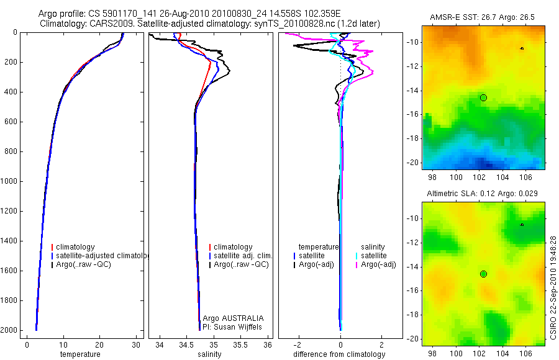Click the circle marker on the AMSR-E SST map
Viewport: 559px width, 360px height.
[483, 97]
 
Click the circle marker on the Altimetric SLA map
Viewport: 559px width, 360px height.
[483, 274]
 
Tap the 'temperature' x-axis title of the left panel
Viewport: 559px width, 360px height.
[80, 354]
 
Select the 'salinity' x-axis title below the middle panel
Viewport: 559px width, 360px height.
[210, 354]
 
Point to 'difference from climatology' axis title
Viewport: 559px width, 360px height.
[339, 354]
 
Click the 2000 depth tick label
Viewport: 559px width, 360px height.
[10, 330]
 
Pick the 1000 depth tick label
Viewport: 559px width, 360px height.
[10, 181]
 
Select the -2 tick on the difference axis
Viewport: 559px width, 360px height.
[299, 344]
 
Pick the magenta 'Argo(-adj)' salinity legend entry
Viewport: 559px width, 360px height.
[378, 264]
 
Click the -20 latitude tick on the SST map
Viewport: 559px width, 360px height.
[412, 162]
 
